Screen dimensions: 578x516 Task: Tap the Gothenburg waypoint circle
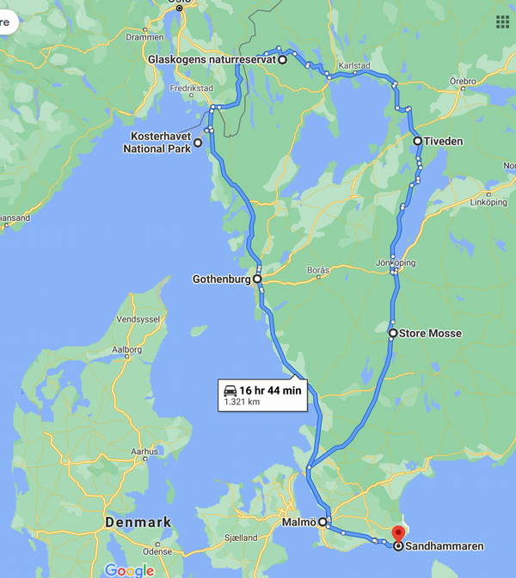[x=257, y=279]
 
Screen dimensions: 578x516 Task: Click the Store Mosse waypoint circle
[x=393, y=333]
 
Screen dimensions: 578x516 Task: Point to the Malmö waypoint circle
[x=323, y=521]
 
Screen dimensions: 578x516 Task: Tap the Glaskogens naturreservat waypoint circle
[x=282, y=59]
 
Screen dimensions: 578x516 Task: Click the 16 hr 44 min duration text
[x=271, y=390]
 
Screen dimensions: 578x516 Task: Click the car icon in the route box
[x=230, y=390]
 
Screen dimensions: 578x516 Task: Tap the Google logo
[x=129, y=569]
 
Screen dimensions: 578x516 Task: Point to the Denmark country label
[x=138, y=522]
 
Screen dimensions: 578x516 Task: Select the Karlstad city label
[x=354, y=65]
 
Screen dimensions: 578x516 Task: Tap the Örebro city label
[x=463, y=81]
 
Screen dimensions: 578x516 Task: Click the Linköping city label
[x=490, y=202]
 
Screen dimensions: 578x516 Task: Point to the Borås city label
[x=318, y=270]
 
